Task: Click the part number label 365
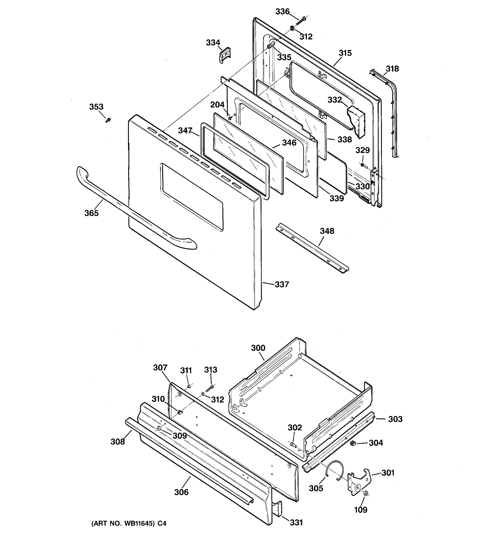click(92, 213)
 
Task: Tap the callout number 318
click(392, 69)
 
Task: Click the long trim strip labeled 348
click(311, 248)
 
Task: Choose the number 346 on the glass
click(289, 143)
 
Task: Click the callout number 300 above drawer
click(258, 348)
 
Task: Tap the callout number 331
click(296, 522)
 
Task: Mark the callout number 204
click(217, 105)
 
